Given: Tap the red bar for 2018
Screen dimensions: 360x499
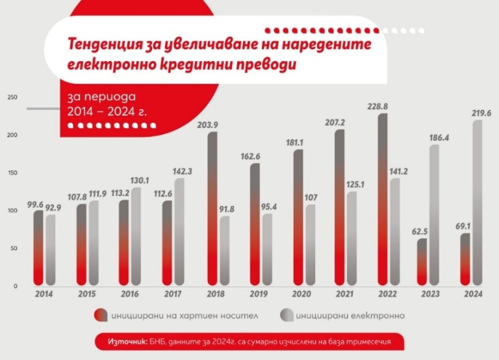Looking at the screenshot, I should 212,208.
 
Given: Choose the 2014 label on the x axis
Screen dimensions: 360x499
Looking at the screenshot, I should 44,294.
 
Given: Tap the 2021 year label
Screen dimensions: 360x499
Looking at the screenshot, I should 344,294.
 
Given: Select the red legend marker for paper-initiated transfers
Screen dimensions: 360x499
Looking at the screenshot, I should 99,316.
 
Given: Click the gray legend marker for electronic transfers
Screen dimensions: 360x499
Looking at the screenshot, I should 285,316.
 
